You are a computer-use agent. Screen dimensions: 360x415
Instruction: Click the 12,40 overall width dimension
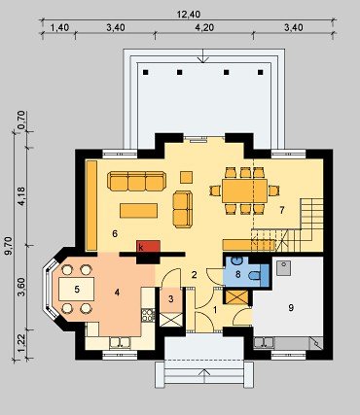[189, 15]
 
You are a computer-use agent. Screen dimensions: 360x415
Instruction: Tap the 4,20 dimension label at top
[204, 27]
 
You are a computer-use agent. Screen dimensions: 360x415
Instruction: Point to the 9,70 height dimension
[9, 246]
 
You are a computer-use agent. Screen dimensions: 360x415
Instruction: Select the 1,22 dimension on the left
[21, 344]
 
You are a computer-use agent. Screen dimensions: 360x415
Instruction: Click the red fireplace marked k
[149, 246]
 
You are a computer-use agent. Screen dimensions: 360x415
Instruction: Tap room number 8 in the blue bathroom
[237, 274]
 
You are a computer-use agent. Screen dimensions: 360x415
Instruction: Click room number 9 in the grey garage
[291, 307]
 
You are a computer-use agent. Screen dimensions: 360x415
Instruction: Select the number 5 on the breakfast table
[77, 289]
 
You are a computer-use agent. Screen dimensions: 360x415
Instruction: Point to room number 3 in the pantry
[171, 298]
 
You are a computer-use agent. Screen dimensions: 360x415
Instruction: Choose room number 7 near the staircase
[282, 210]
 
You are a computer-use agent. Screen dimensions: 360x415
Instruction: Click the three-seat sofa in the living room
[136, 181]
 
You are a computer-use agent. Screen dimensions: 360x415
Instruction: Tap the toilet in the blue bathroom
[255, 275]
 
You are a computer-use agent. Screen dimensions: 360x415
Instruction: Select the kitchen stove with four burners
[148, 315]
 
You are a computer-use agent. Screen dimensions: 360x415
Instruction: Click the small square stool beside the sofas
[187, 177]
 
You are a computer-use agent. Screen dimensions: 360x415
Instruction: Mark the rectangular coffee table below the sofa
[138, 211]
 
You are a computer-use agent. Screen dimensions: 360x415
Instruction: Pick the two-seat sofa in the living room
[183, 210]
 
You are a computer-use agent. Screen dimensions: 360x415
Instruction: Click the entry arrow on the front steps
[204, 377]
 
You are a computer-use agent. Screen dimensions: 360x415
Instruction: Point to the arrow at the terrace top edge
[203, 56]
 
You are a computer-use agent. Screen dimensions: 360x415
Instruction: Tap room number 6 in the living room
[115, 233]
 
